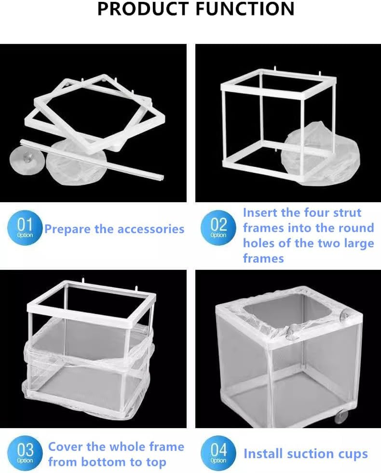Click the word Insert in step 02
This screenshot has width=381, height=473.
[x=262, y=213]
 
